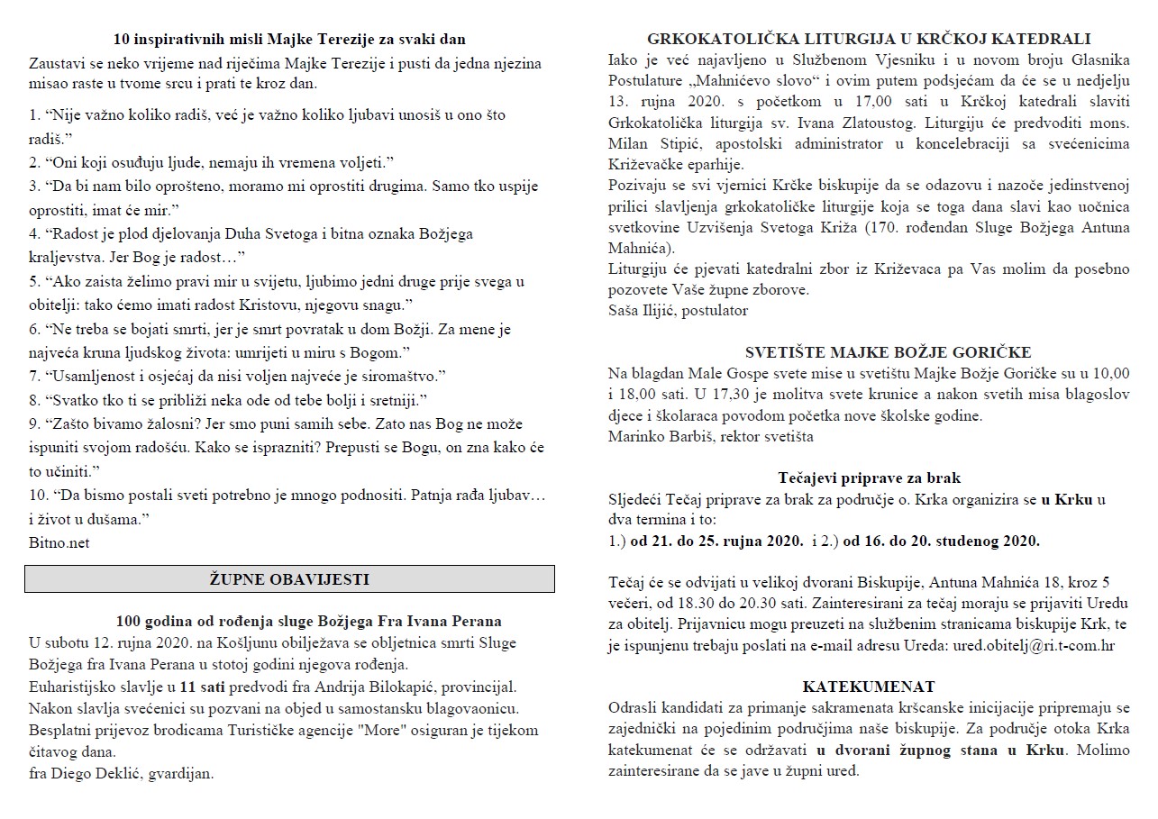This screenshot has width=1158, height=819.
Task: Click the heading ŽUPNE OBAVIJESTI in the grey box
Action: click(289, 578)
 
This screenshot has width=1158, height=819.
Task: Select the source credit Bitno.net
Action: click(59, 542)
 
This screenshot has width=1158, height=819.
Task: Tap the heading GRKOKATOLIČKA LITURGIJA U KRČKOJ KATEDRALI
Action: click(869, 39)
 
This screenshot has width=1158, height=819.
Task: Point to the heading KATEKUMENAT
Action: click(869, 687)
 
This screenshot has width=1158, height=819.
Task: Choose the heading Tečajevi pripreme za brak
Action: click(870, 478)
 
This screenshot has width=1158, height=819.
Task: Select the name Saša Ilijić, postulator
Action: click(678, 311)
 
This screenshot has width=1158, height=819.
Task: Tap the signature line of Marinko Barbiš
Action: click(710, 437)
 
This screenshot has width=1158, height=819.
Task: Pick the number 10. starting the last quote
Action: click(39, 496)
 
